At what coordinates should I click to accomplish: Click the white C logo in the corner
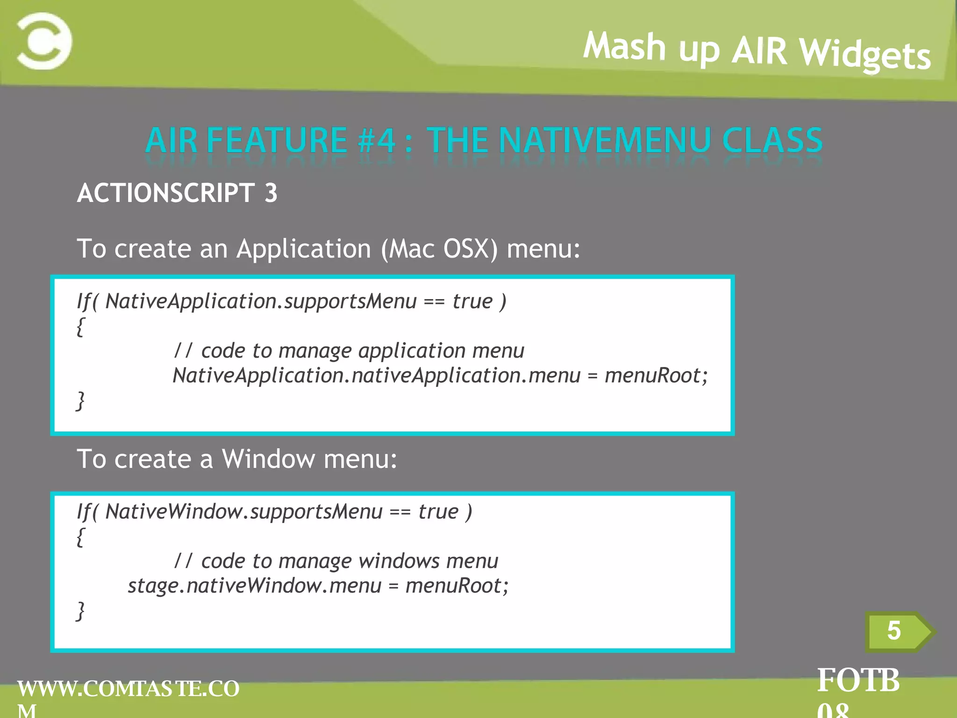point(44,41)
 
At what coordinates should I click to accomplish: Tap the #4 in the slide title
point(377,140)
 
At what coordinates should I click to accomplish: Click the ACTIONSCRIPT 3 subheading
point(177,193)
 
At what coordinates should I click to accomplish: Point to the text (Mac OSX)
point(439,249)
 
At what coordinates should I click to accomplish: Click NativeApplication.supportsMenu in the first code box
point(261,302)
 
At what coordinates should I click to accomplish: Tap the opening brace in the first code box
point(80,326)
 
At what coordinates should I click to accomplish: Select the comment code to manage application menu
point(349,351)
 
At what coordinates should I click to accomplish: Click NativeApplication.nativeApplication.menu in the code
point(376,376)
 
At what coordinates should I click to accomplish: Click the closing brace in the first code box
point(80,401)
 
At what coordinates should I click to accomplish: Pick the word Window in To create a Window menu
point(268,459)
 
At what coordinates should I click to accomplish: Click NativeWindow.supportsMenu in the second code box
point(243,512)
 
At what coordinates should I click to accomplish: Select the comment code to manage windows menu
point(336,561)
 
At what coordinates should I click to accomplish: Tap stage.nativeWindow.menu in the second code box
point(255,586)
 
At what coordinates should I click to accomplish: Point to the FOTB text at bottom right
point(858,681)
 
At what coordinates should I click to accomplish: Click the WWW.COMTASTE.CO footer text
point(129,689)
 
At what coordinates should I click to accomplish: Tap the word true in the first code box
point(472,302)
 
